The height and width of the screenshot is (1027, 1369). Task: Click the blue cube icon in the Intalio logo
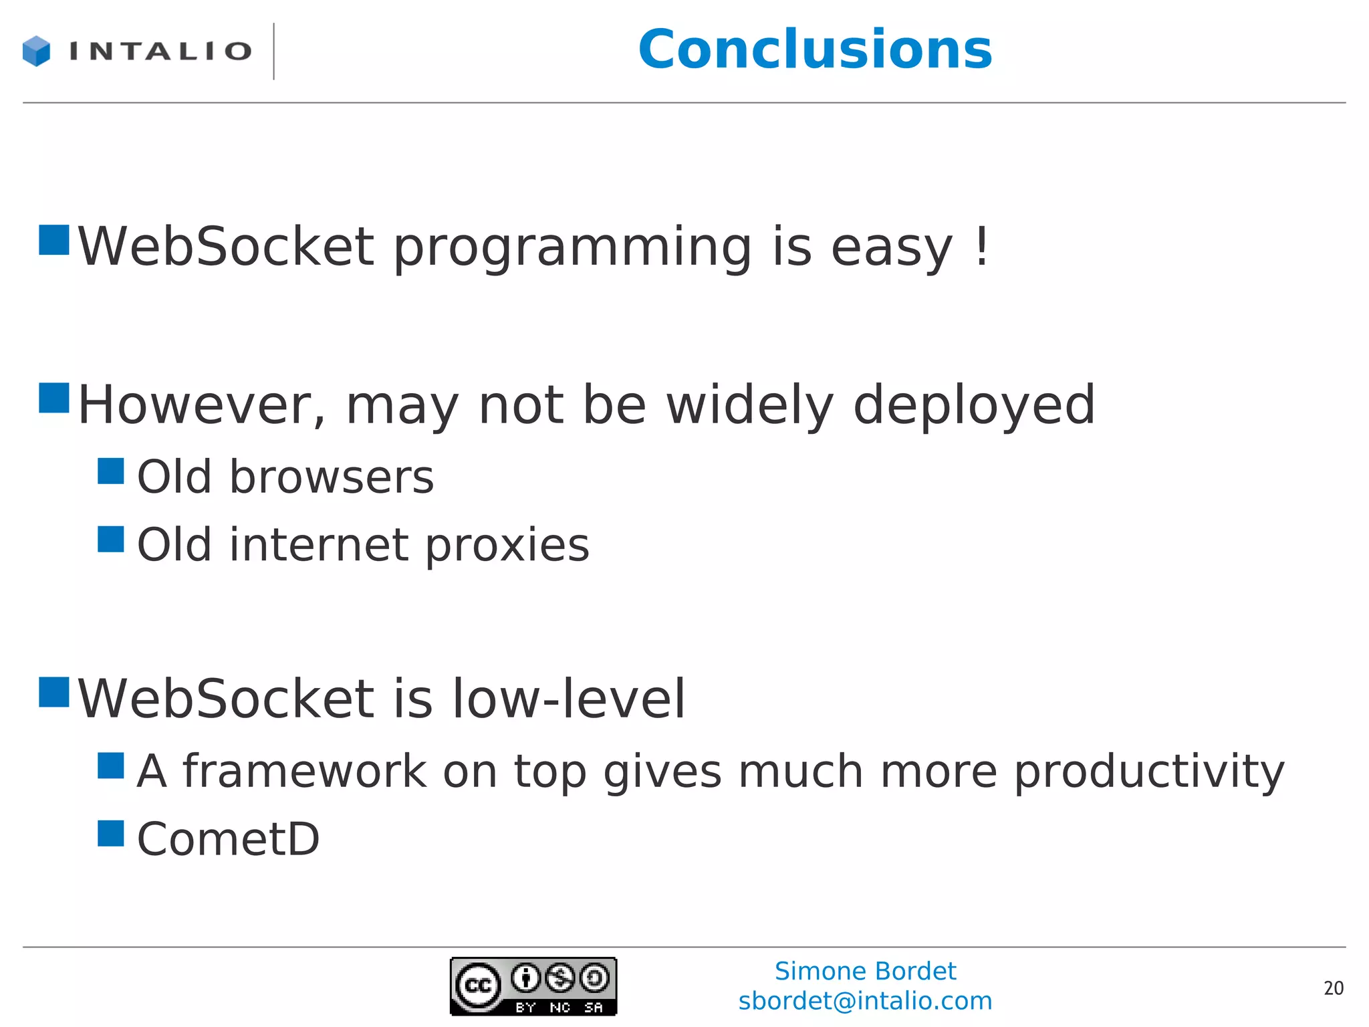coord(36,51)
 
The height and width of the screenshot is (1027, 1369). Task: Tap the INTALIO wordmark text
coord(160,51)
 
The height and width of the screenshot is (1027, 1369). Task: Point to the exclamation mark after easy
coord(981,246)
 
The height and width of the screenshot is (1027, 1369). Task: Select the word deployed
coord(974,407)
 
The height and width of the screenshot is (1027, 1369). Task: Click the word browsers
coord(332,477)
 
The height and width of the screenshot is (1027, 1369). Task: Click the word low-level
coord(569,699)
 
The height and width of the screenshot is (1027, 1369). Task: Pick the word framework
coord(305,771)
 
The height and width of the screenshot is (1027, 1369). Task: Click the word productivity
coord(1148,772)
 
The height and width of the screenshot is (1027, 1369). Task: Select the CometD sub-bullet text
coord(228,839)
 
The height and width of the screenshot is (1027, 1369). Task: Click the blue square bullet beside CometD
coord(111,833)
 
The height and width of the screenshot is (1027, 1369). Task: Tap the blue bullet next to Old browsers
coord(111,471)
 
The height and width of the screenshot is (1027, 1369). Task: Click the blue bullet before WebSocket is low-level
coord(54,692)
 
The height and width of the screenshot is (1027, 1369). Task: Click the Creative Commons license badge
coord(533,986)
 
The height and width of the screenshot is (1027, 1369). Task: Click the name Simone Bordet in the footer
coord(865,971)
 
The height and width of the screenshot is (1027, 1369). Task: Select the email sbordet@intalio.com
coord(865,1001)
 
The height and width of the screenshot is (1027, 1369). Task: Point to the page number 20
coord(1333,988)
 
